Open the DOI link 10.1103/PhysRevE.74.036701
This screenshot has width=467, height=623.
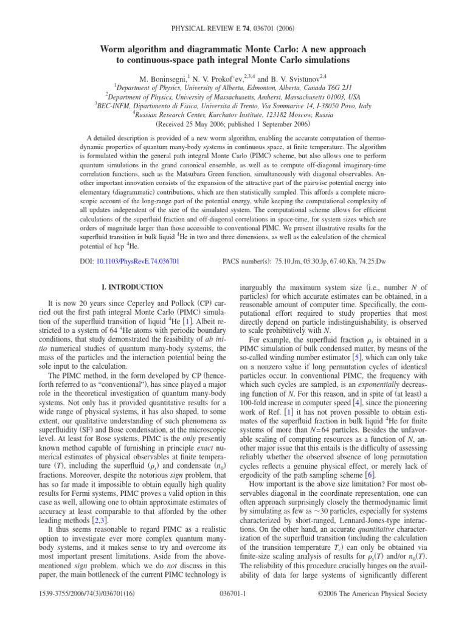pos(139,262)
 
